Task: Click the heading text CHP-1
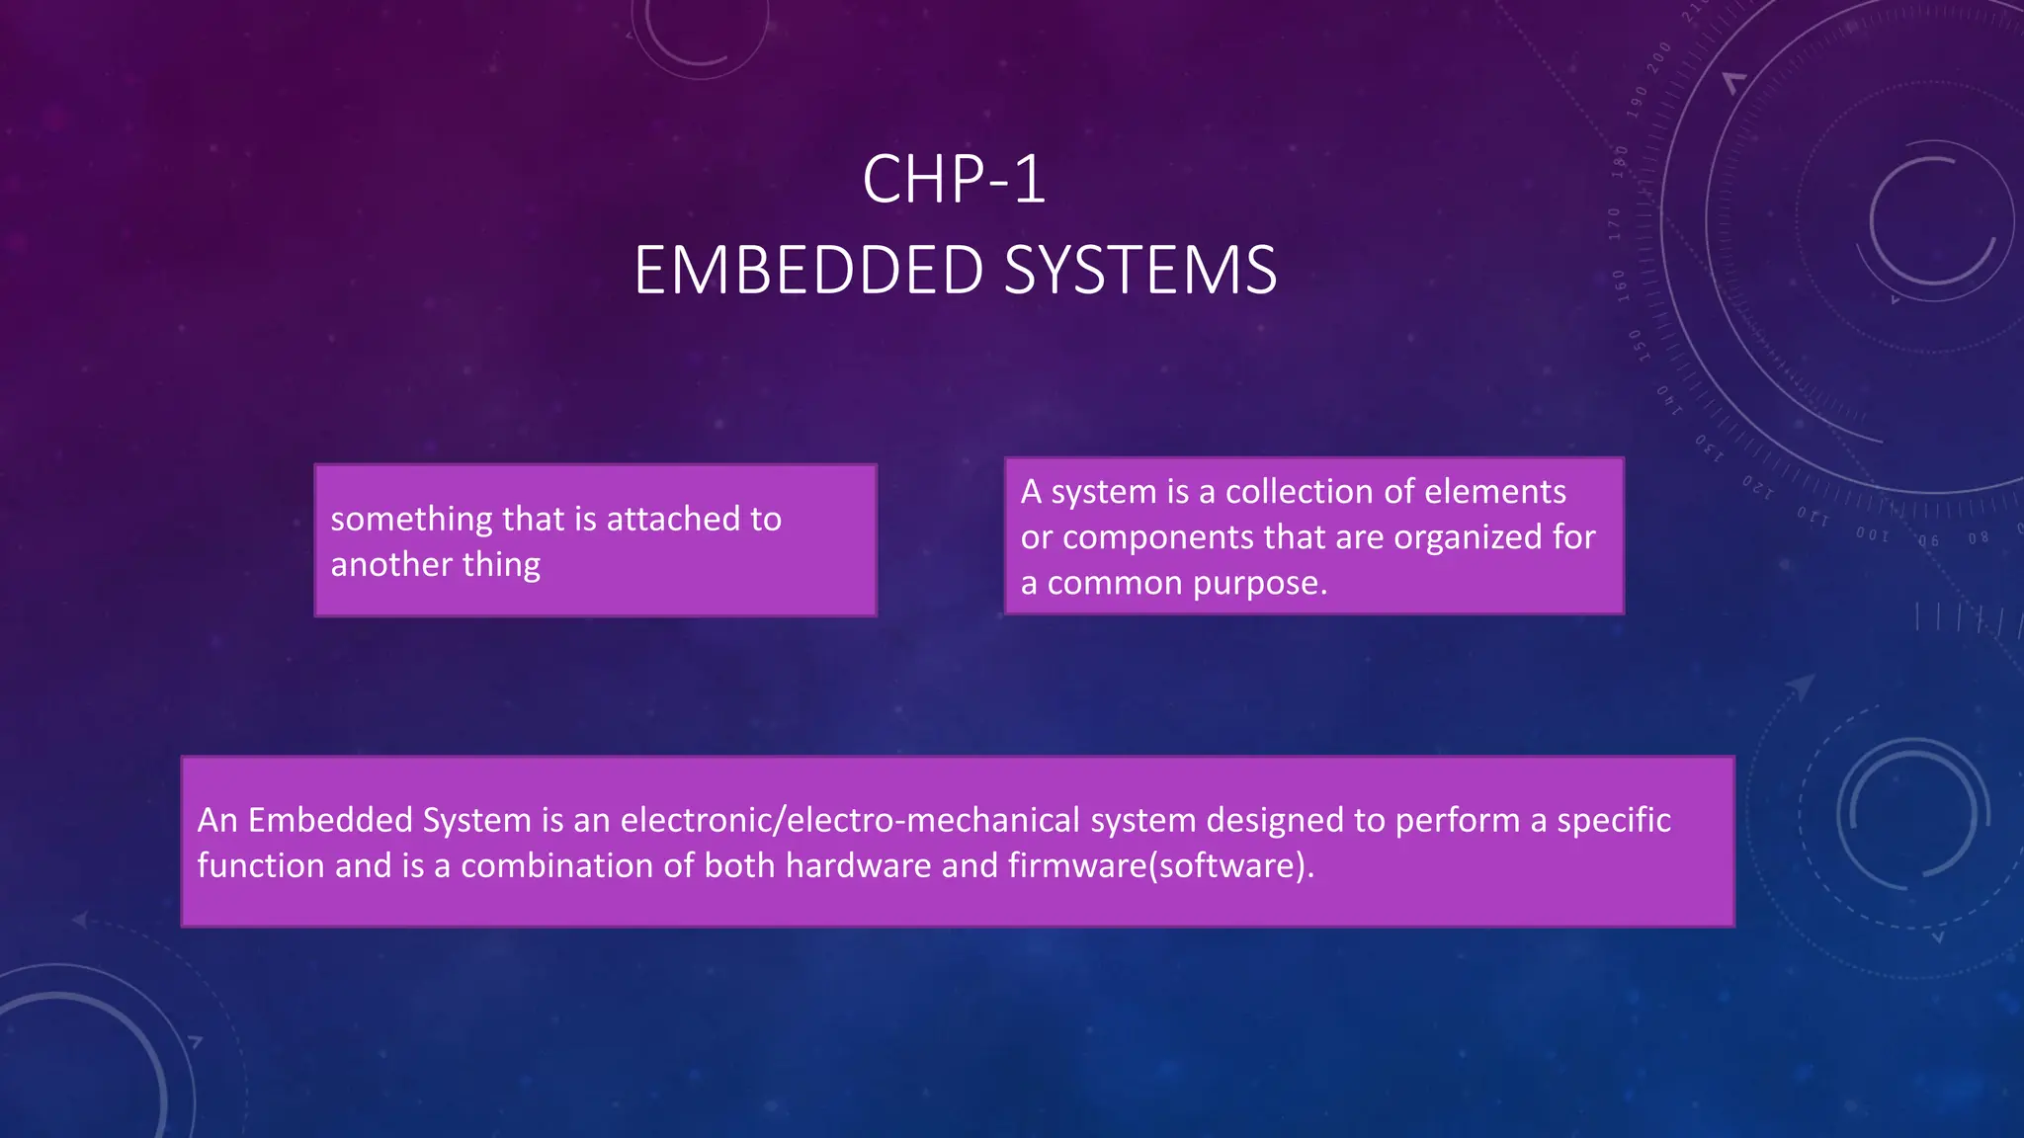click(954, 181)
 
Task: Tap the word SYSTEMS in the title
click(1140, 271)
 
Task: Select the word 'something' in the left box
click(411, 520)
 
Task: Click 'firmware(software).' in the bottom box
click(1161, 866)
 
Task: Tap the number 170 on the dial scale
click(1614, 224)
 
